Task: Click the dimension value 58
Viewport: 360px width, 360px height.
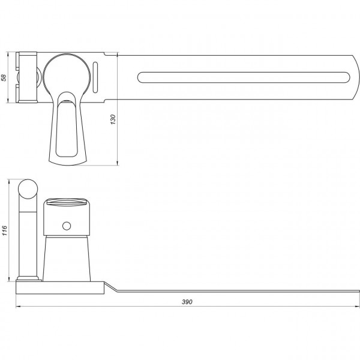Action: (4, 77)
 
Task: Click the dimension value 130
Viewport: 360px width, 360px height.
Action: (113, 119)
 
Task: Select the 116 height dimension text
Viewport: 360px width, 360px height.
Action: (4, 230)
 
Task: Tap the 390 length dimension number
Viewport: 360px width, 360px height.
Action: (187, 302)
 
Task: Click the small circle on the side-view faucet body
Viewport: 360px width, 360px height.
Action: (67, 226)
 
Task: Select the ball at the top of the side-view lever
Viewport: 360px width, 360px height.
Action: (28, 189)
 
